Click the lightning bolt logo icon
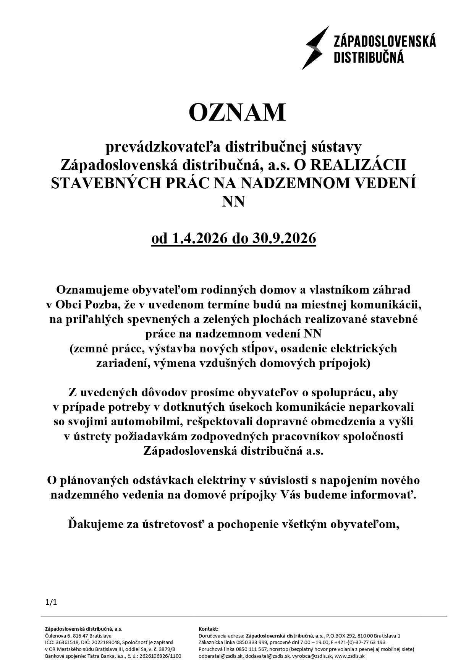click(x=315, y=48)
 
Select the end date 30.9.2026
click(x=284, y=239)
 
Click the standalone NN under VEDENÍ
click(x=233, y=201)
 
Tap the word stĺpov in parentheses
click(x=249, y=349)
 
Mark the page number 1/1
click(x=51, y=602)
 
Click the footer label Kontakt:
click(x=209, y=629)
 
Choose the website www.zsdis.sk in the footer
click(x=349, y=656)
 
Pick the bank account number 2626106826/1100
click(x=160, y=656)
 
